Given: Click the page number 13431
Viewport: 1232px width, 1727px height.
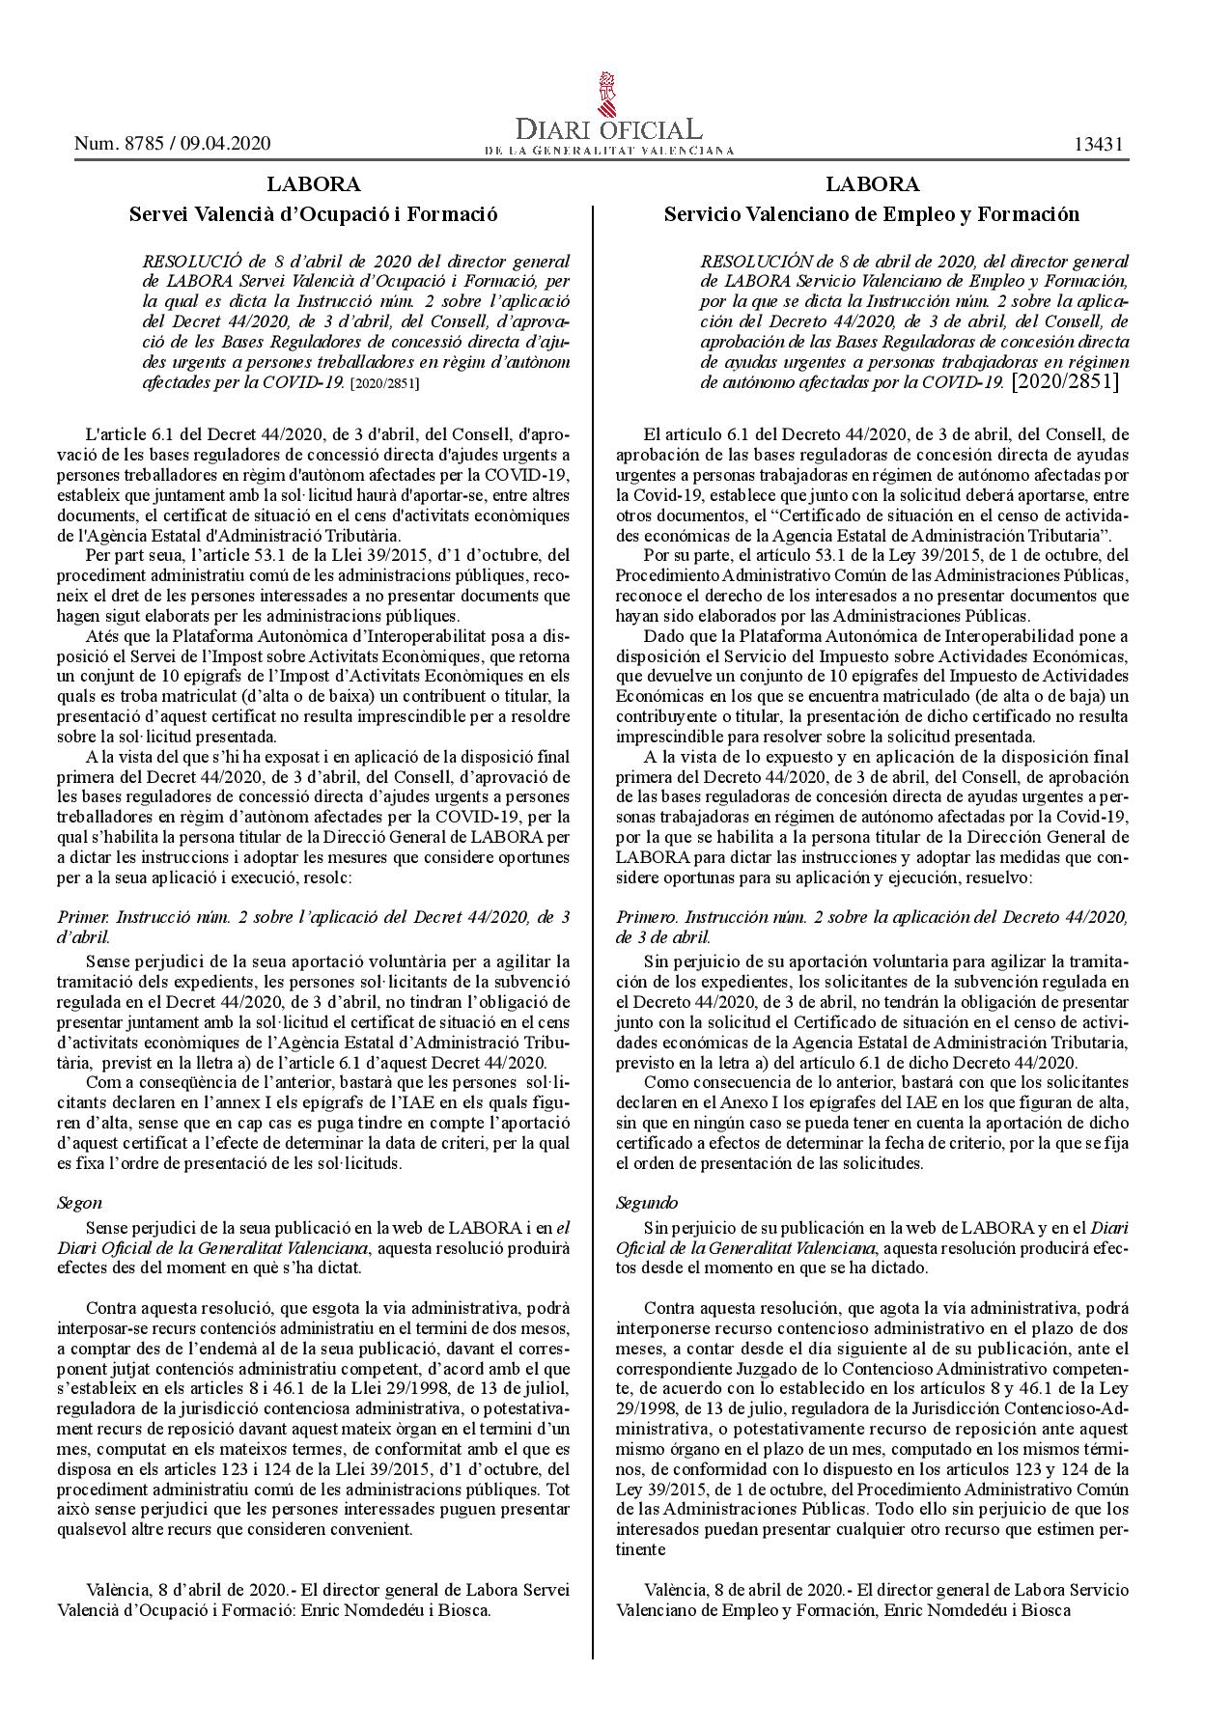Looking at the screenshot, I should click(x=1100, y=144).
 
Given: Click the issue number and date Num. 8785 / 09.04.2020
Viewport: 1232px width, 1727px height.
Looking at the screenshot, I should click(x=172, y=144).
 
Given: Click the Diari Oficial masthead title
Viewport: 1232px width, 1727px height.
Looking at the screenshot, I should click(x=608, y=130).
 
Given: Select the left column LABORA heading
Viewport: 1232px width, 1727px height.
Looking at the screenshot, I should click(x=314, y=183).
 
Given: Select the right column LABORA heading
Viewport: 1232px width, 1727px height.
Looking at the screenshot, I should click(x=872, y=183).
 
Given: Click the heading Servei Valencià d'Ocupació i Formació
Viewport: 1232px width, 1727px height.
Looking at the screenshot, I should click(x=314, y=214).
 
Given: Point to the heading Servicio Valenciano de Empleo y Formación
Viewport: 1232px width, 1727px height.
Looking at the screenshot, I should click(x=872, y=214).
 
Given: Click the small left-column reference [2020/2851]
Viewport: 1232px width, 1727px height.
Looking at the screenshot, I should click(x=384, y=383).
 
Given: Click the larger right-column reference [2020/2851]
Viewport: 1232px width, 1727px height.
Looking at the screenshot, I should click(x=1065, y=382).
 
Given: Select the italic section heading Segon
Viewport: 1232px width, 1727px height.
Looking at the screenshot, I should click(x=79, y=1203).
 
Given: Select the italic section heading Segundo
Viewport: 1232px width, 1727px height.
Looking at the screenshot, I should click(x=647, y=1203).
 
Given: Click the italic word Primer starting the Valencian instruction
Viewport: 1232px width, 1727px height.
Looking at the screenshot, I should click(x=80, y=917).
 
